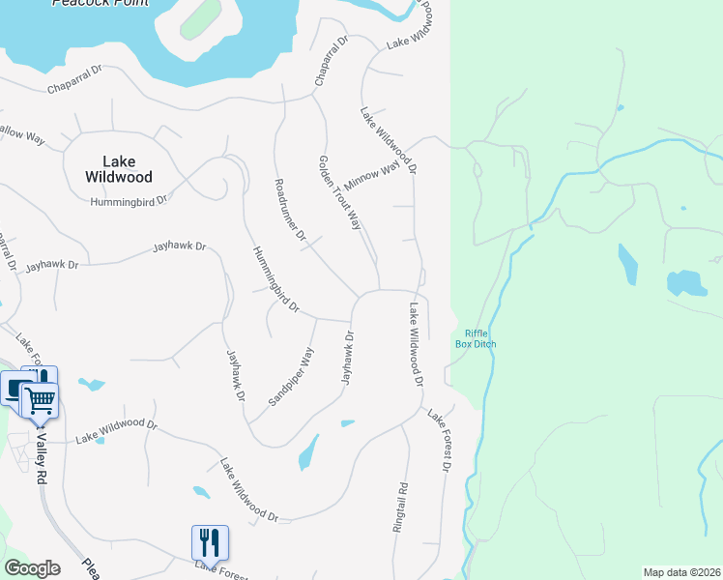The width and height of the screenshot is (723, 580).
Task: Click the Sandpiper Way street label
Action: pos(291,375)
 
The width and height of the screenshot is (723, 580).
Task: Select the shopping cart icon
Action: pos(40,399)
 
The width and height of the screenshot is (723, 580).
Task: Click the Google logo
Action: pos(32,568)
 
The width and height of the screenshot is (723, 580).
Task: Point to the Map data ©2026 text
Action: pos(680,571)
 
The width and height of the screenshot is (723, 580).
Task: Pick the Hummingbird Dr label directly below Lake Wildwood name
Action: pos(129,201)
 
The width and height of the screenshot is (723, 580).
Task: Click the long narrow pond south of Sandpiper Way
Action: pos(308,451)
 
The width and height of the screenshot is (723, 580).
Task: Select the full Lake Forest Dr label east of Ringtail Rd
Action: pos(441,441)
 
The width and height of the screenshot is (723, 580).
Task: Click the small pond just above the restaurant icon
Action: pos(201,491)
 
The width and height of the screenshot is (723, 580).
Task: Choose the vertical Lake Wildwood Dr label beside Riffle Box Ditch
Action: pos(416,344)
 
